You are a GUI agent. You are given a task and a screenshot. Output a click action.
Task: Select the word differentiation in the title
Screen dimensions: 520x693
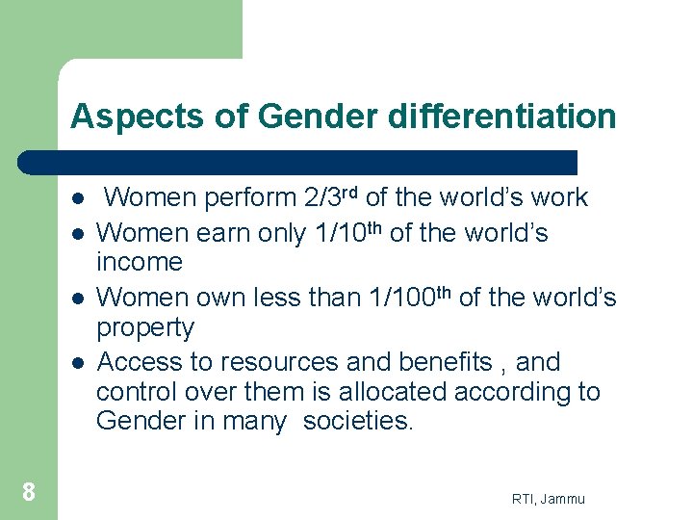501,117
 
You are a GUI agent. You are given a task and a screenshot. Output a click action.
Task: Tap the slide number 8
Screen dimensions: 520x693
29,493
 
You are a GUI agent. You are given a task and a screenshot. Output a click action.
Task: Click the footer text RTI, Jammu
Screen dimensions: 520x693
549,498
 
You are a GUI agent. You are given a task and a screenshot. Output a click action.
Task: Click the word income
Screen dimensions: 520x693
140,262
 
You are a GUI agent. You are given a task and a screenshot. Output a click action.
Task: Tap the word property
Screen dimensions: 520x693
144,328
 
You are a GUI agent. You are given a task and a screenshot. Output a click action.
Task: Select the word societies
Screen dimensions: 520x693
357,422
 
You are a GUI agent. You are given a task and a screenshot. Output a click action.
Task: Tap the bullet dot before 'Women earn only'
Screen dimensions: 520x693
76,234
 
